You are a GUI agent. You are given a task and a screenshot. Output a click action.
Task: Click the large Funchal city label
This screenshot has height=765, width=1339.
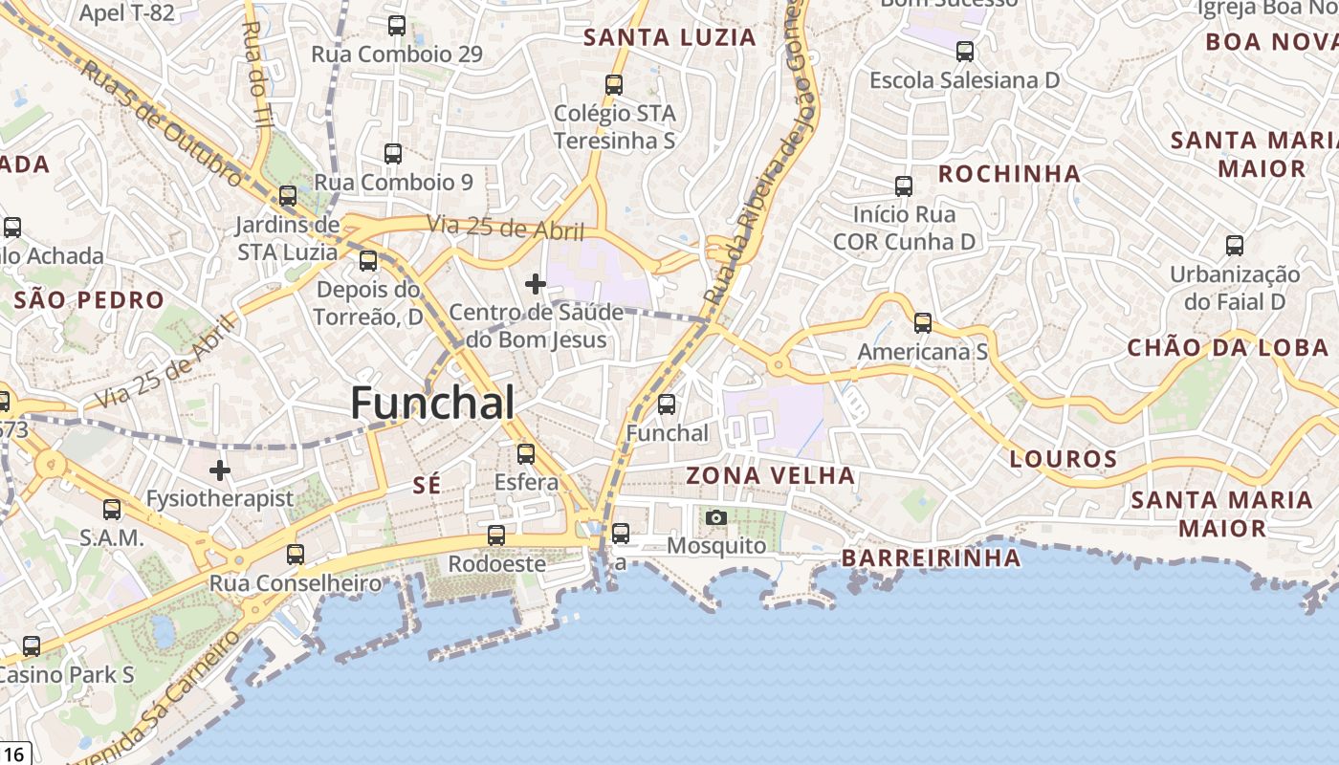click(432, 403)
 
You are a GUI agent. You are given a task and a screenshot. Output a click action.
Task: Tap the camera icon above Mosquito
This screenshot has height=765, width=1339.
click(715, 518)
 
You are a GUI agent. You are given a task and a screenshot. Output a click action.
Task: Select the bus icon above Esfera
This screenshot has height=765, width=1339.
click(526, 454)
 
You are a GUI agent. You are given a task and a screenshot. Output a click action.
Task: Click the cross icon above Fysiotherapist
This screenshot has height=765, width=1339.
click(220, 470)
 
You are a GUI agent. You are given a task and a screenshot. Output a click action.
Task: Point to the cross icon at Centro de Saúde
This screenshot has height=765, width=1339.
click(536, 284)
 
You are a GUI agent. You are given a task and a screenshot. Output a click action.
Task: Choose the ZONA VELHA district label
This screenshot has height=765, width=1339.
click(770, 475)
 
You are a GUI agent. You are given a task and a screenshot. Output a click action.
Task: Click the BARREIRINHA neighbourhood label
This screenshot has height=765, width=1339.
click(931, 558)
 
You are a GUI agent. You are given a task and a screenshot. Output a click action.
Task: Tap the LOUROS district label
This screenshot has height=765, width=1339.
click(1064, 459)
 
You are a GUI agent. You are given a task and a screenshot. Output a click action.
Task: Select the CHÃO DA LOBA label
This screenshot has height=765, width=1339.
click(1228, 347)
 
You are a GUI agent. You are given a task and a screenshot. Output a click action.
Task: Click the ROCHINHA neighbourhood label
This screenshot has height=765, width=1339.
click(1009, 174)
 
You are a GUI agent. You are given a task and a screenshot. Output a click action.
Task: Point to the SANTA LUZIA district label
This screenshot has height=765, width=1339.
click(669, 38)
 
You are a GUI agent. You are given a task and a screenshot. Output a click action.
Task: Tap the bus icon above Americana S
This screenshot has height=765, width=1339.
click(923, 323)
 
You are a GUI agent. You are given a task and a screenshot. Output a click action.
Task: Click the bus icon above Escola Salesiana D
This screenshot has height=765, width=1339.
click(965, 52)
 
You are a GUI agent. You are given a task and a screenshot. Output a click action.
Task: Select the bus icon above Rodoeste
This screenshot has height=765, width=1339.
click(496, 535)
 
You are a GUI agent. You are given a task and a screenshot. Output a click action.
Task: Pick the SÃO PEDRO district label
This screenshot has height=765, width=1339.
click(89, 300)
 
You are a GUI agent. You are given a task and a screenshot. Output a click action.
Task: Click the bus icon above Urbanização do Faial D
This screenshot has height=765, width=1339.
click(1235, 246)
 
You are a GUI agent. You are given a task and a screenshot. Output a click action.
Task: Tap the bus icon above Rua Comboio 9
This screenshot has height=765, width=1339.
click(393, 154)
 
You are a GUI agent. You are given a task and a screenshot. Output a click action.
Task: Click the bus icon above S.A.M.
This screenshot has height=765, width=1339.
click(112, 510)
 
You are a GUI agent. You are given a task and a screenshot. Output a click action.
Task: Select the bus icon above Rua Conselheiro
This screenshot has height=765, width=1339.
click(296, 554)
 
